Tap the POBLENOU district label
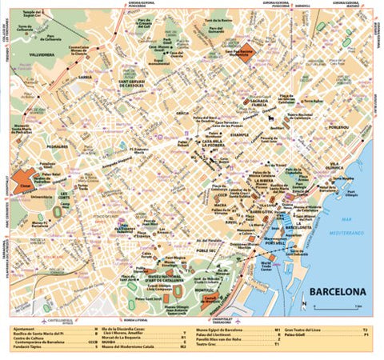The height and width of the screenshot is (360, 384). point(335,126)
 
